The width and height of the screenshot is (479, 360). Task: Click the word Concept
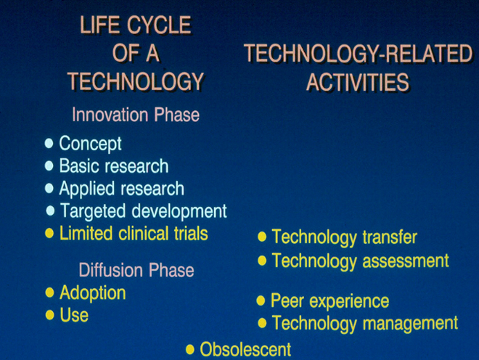click(91, 143)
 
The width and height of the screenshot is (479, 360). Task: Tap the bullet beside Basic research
click(49, 166)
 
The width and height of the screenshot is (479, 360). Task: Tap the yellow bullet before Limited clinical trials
click(49, 234)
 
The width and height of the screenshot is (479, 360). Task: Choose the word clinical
click(144, 234)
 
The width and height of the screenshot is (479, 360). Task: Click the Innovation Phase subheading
click(136, 115)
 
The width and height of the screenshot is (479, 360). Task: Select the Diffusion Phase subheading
click(136, 270)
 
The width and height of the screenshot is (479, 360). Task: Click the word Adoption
click(93, 293)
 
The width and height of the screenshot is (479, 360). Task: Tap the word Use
click(74, 315)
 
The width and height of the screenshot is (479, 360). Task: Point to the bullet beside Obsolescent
click(190, 350)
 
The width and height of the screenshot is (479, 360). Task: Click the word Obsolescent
click(245, 349)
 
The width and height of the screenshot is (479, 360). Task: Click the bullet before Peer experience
click(261, 300)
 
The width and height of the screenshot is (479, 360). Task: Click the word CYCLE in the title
click(159, 25)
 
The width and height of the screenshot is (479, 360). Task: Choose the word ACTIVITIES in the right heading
click(357, 82)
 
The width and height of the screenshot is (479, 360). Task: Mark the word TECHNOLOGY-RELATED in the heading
click(359, 54)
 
